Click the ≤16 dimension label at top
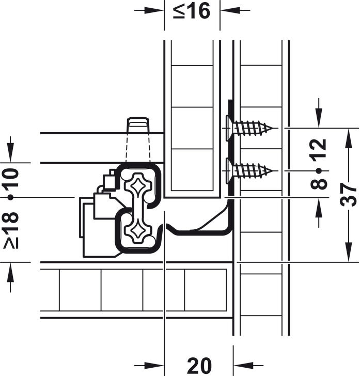click(x=192, y=11)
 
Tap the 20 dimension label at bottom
click(x=199, y=366)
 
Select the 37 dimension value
click(x=348, y=195)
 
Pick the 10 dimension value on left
click(x=11, y=178)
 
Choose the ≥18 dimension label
click(x=11, y=230)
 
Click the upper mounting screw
click(x=249, y=128)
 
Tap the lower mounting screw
click(x=249, y=171)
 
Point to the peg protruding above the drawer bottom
click(x=138, y=125)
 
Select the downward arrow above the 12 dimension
click(x=319, y=113)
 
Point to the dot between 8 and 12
click(x=319, y=171)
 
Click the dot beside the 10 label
click(x=10, y=197)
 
